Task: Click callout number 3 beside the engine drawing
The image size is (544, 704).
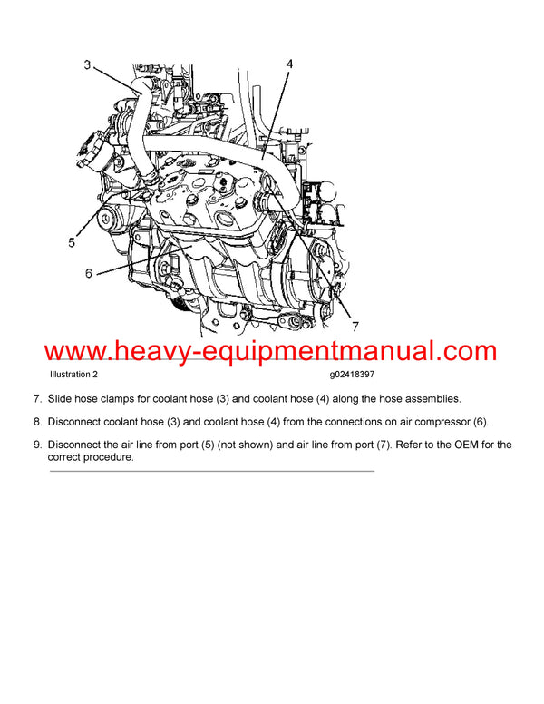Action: coord(87,65)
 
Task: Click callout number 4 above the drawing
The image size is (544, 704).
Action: coord(288,64)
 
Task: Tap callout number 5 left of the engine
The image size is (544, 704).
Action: coord(72,242)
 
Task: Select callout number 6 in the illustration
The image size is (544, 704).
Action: coord(89,273)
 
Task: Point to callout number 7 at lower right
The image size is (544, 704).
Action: coord(355,326)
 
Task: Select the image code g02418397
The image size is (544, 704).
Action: coord(356,374)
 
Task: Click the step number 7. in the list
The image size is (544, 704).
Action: coord(37,398)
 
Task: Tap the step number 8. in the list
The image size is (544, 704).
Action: coord(37,422)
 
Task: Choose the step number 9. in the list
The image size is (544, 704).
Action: coord(37,445)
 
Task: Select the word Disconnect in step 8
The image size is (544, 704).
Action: coord(76,422)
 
